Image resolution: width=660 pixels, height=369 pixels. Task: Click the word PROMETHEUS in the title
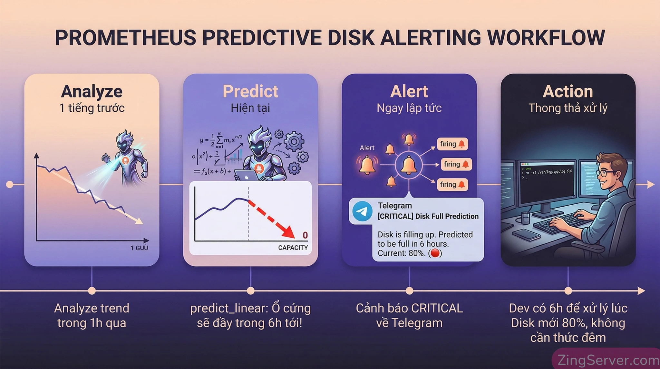point(125,38)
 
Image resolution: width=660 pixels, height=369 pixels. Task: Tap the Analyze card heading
point(92,91)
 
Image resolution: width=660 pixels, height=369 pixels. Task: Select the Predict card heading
point(250,91)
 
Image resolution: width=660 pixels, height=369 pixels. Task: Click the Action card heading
point(568,91)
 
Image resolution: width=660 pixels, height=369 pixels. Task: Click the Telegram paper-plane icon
point(362,211)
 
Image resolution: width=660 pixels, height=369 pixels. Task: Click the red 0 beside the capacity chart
point(305,235)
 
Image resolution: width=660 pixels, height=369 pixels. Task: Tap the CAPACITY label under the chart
point(293,248)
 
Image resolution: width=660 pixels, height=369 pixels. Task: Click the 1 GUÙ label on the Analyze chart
point(139,248)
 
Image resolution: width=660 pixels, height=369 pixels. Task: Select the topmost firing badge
point(452,144)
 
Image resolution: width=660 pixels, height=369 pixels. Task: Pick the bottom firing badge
point(452,185)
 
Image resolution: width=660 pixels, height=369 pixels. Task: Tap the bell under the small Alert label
point(367,165)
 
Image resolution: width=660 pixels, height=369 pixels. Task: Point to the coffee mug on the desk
point(525,218)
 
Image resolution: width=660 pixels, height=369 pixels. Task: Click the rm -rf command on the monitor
point(548,172)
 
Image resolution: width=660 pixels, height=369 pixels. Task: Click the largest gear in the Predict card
point(294,141)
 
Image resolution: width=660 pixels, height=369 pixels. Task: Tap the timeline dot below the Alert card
point(409,291)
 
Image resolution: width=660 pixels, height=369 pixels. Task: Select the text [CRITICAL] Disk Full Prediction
point(428,216)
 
